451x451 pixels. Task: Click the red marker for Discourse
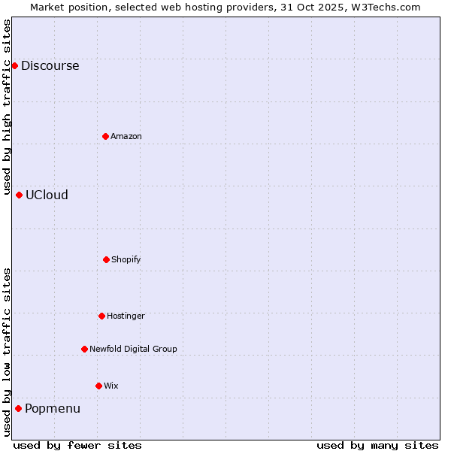click(14, 65)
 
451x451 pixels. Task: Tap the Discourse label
click(50, 65)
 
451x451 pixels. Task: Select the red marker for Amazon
click(105, 136)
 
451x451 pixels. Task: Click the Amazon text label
click(126, 136)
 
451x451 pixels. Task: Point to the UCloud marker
click(19, 195)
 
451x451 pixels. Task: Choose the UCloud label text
click(47, 195)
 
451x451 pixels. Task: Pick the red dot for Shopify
click(106, 259)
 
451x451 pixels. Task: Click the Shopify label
click(126, 259)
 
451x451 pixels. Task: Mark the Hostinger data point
click(101, 316)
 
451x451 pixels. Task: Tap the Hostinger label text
click(126, 316)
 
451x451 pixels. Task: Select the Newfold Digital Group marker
click(84, 349)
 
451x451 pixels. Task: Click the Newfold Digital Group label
click(133, 349)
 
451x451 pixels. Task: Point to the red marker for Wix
click(98, 386)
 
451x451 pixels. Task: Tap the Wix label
click(110, 386)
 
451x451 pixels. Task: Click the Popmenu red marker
click(18, 408)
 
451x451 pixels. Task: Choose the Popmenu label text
click(52, 408)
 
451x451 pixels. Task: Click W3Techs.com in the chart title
click(385, 7)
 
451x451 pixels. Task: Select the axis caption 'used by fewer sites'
click(77, 445)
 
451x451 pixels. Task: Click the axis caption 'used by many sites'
click(377, 445)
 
